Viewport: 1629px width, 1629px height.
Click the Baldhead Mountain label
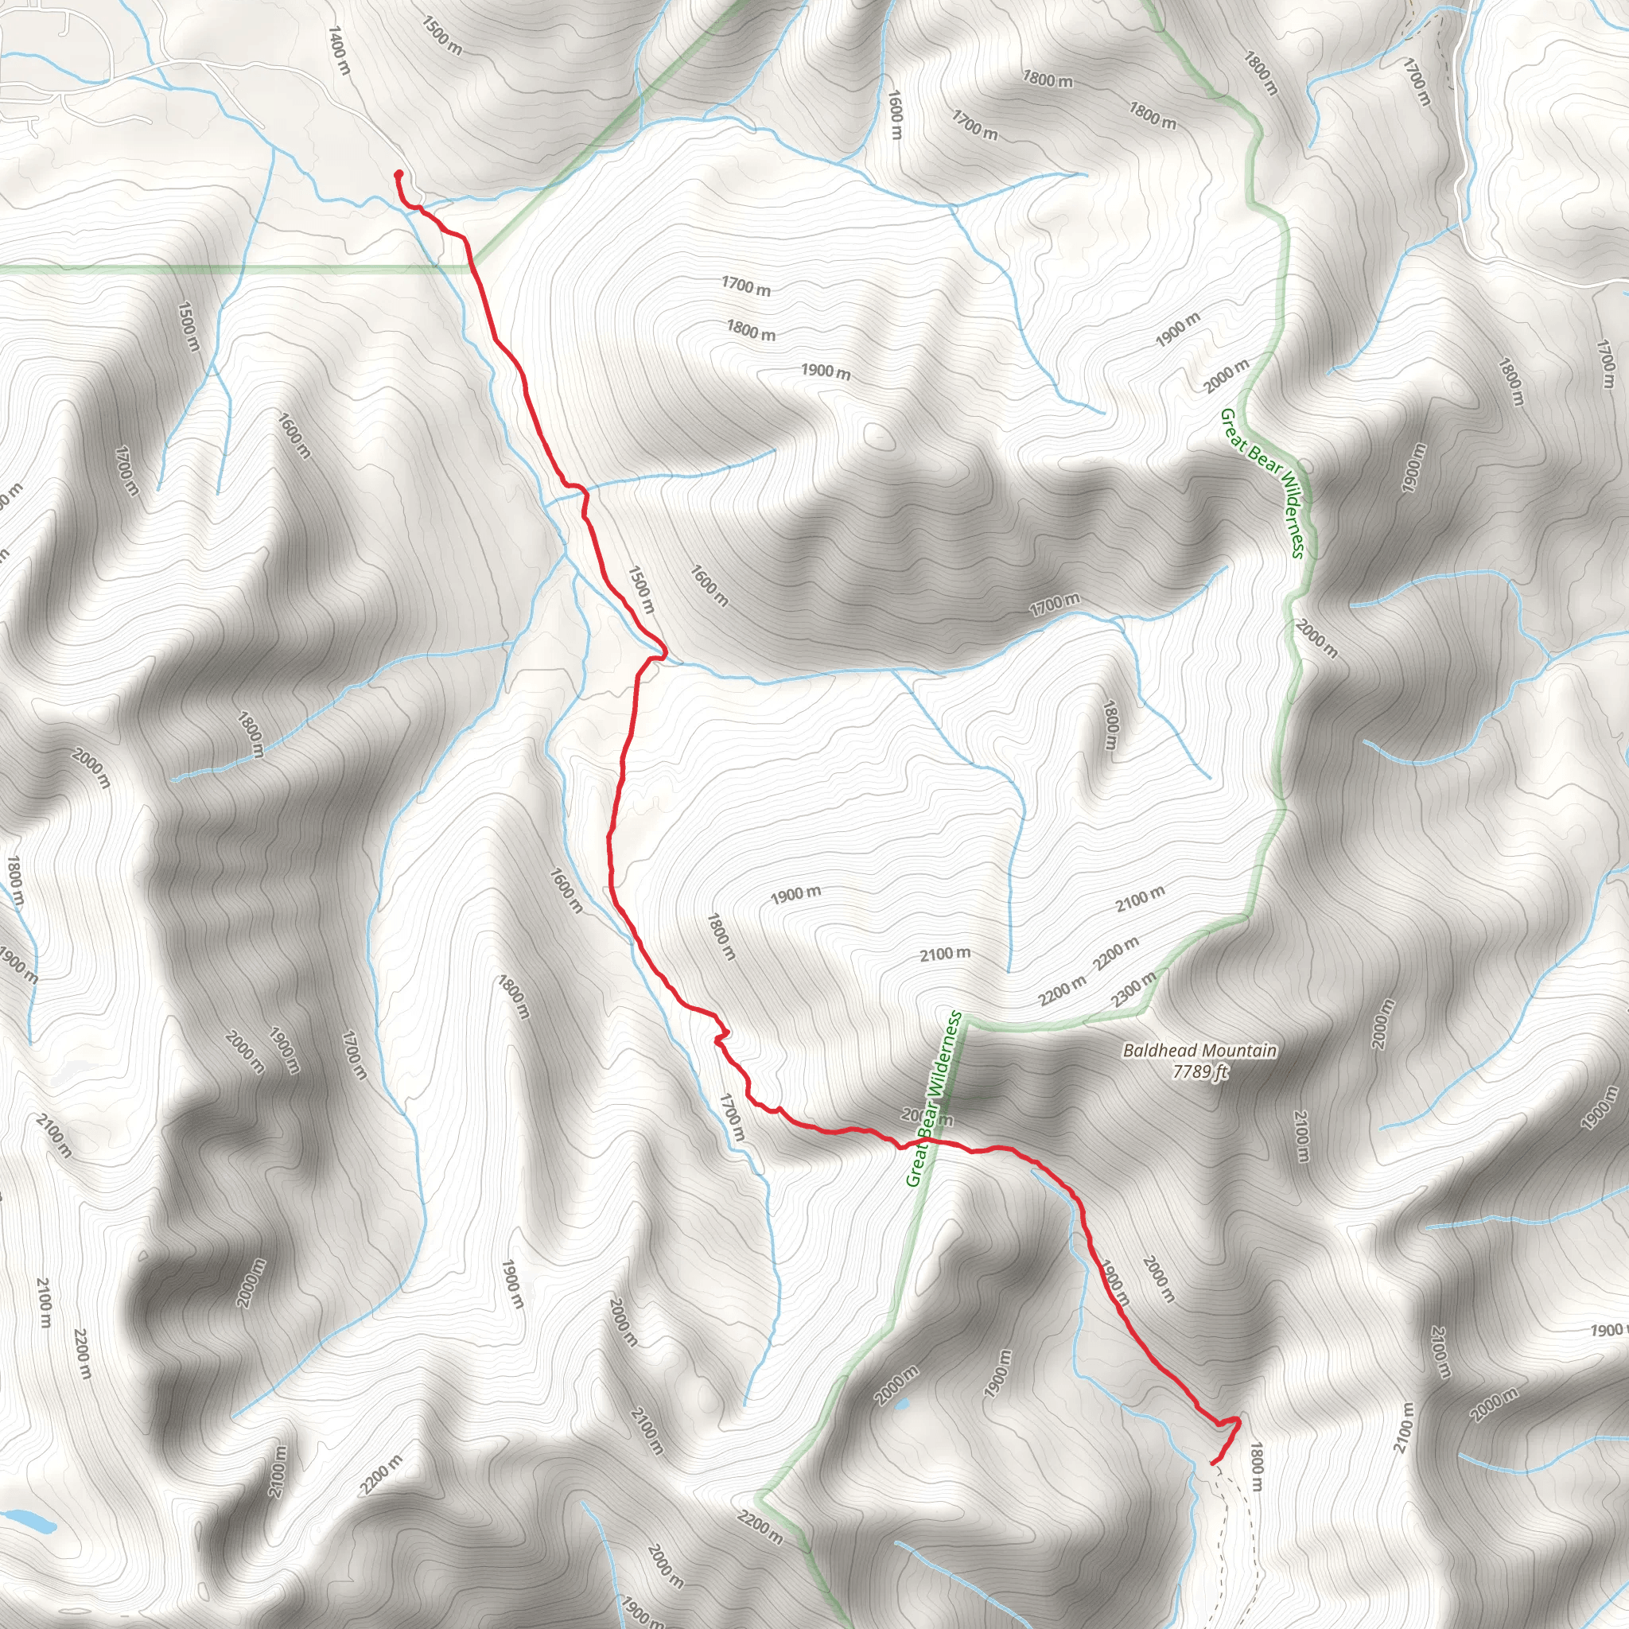[x=1199, y=1051]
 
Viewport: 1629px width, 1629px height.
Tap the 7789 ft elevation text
[x=1199, y=1071]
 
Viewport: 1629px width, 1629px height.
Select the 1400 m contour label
[x=338, y=51]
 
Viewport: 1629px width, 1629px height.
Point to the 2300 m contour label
[x=1133, y=989]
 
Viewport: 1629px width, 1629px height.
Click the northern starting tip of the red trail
[x=398, y=173]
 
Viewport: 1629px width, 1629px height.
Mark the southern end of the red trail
[x=1212, y=1463]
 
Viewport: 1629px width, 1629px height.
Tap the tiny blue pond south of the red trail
[x=901, y=1405]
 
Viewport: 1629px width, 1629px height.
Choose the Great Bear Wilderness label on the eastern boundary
[x=1262, y=483]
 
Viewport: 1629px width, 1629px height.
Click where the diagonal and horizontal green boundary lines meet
[x=468, y=268]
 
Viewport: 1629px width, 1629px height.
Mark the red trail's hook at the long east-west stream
[x=662, y=652]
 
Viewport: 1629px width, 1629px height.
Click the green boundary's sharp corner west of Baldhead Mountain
[x=967, y=1019]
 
